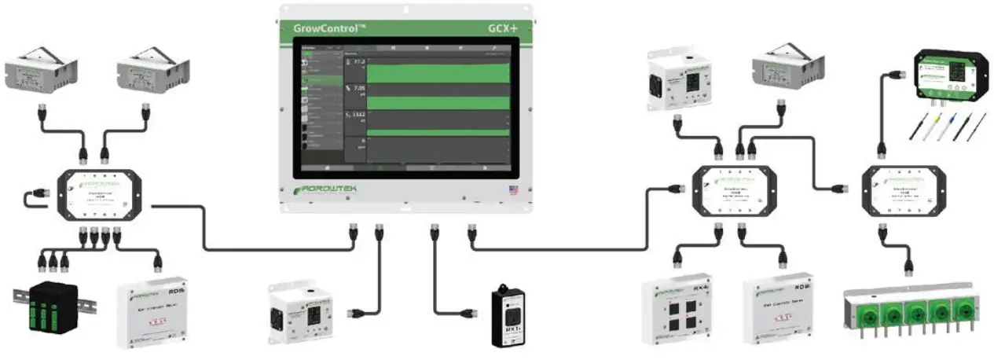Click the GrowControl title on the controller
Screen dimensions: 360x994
pos(328,26)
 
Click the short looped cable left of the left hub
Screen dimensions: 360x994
pos(37,197)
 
